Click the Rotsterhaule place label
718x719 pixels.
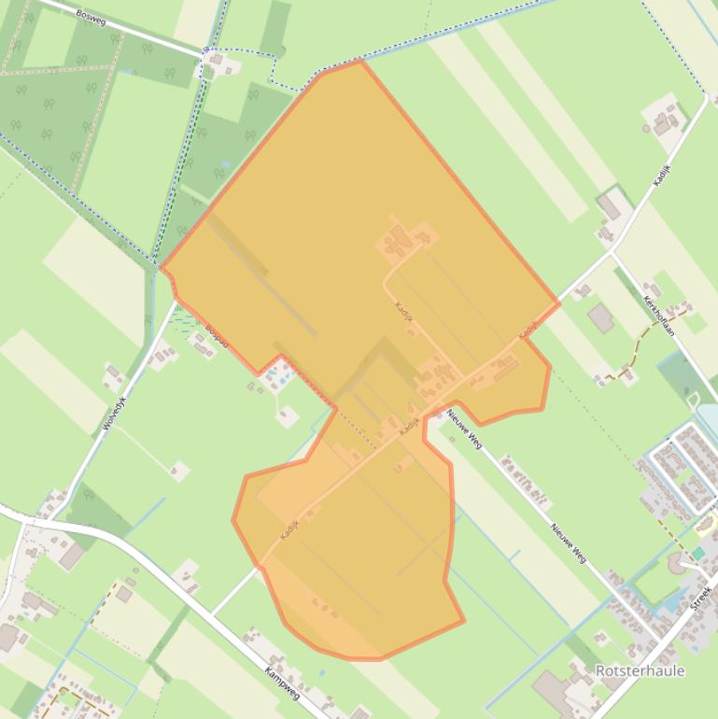640,670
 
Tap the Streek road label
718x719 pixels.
701,597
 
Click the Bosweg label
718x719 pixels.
91,17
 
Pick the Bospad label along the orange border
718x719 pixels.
216,333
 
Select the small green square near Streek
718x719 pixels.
697,554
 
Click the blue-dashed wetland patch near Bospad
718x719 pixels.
185,320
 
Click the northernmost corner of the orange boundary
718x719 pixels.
360,61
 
